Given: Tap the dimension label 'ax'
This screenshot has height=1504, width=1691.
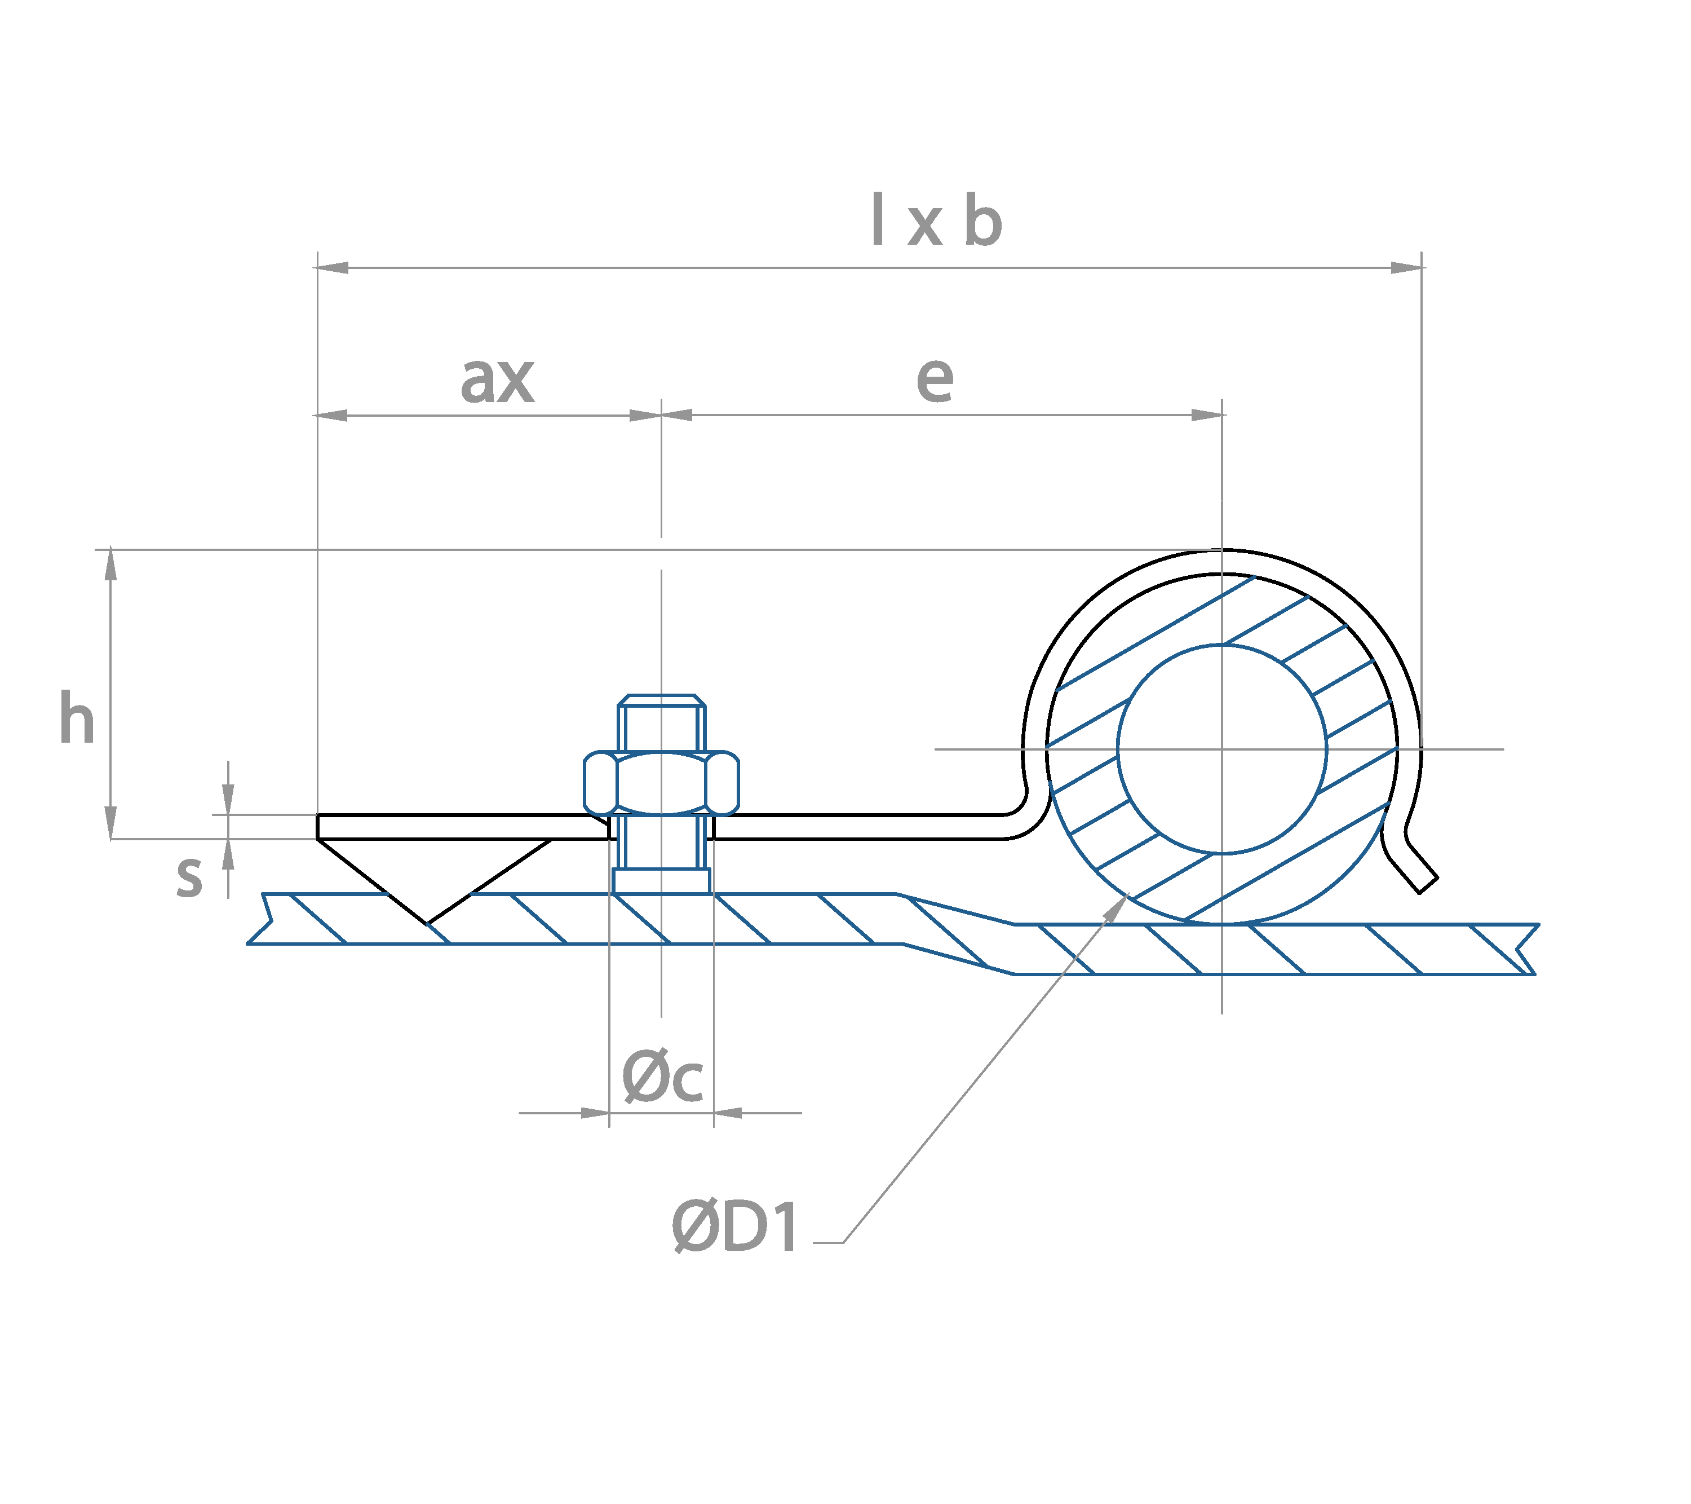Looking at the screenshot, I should pos(497,380).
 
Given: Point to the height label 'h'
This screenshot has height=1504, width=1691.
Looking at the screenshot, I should pos(76,718).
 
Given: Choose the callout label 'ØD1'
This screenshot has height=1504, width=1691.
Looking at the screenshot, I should pos(734,1226).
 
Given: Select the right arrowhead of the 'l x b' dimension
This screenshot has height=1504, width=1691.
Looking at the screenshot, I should pos(1406,267).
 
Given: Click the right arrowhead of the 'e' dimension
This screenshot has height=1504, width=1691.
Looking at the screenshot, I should pos(1208,414).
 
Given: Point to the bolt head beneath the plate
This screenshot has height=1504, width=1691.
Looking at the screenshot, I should pos(661,881).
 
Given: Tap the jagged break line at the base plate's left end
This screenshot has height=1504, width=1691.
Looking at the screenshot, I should pos(263,919).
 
